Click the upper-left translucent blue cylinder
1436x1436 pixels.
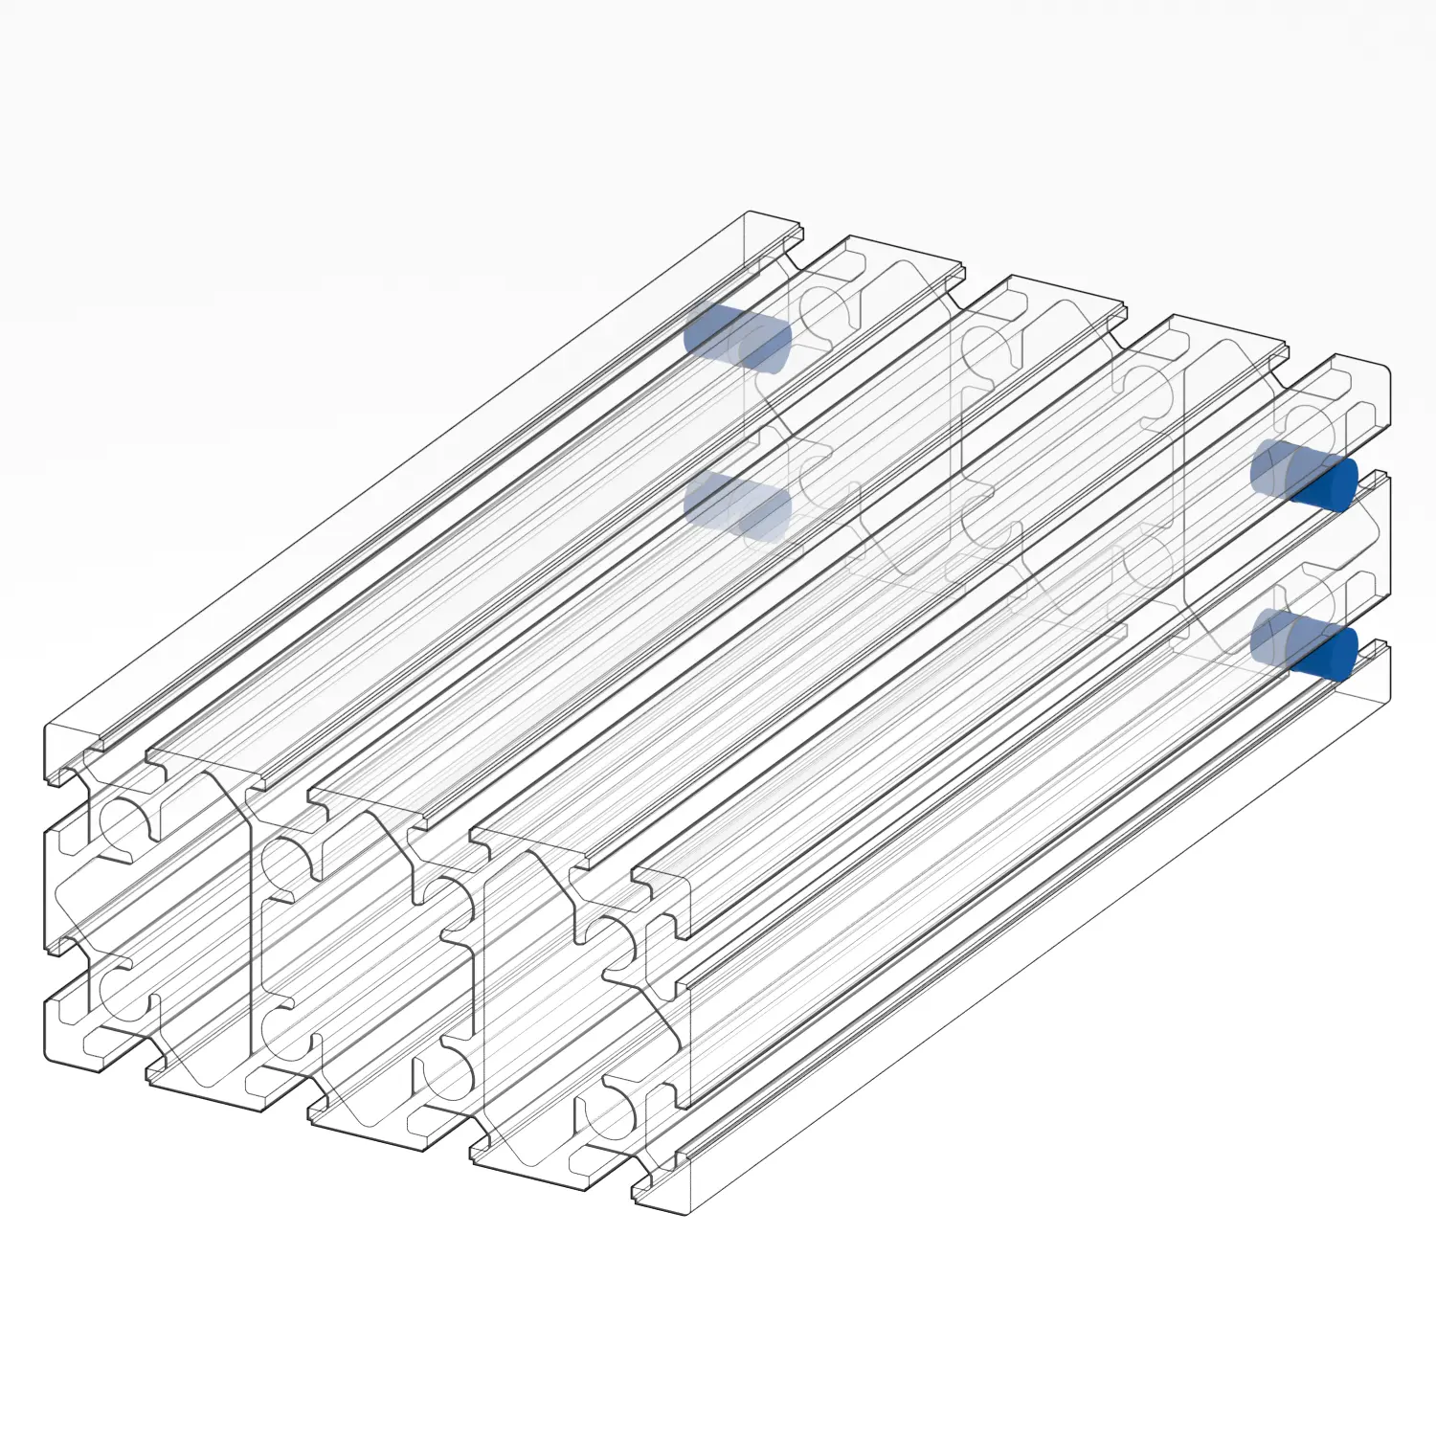(x=737, y=337)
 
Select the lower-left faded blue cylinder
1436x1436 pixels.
(x=737, y=506)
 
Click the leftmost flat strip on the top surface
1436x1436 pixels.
(x=412, y=479)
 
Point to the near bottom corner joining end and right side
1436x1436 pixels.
(x=687, y=1214)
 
